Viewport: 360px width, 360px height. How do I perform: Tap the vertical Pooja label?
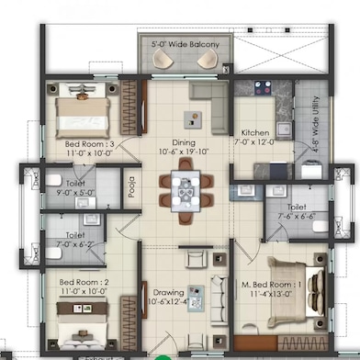click(131, 187)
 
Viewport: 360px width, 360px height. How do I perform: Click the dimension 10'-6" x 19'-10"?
click(185, 153)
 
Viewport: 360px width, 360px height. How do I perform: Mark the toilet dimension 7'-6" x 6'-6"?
click(296, 218)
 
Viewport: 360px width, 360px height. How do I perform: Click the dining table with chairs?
click(185, 191)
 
